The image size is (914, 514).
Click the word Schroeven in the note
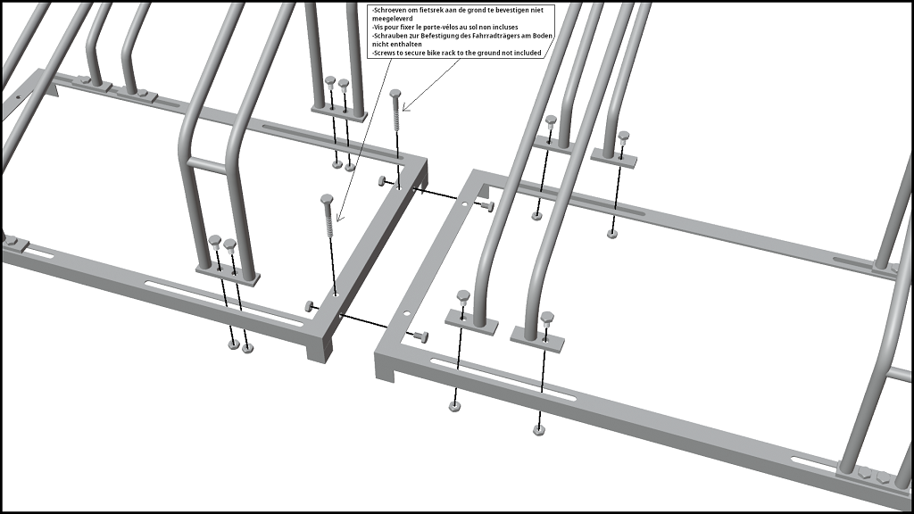coord(389,11)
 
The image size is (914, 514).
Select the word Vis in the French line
coord(379,27)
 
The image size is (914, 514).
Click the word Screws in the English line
coord(386,53)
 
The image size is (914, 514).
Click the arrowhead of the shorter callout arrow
coord(405,107)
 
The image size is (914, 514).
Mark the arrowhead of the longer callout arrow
coord(338,217)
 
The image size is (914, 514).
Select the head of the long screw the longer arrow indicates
coord(327,199)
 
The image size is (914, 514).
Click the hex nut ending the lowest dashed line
coord(538,431)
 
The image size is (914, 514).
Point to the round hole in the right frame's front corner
coord(407,313)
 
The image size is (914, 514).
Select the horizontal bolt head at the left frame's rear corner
coord(381,180)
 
